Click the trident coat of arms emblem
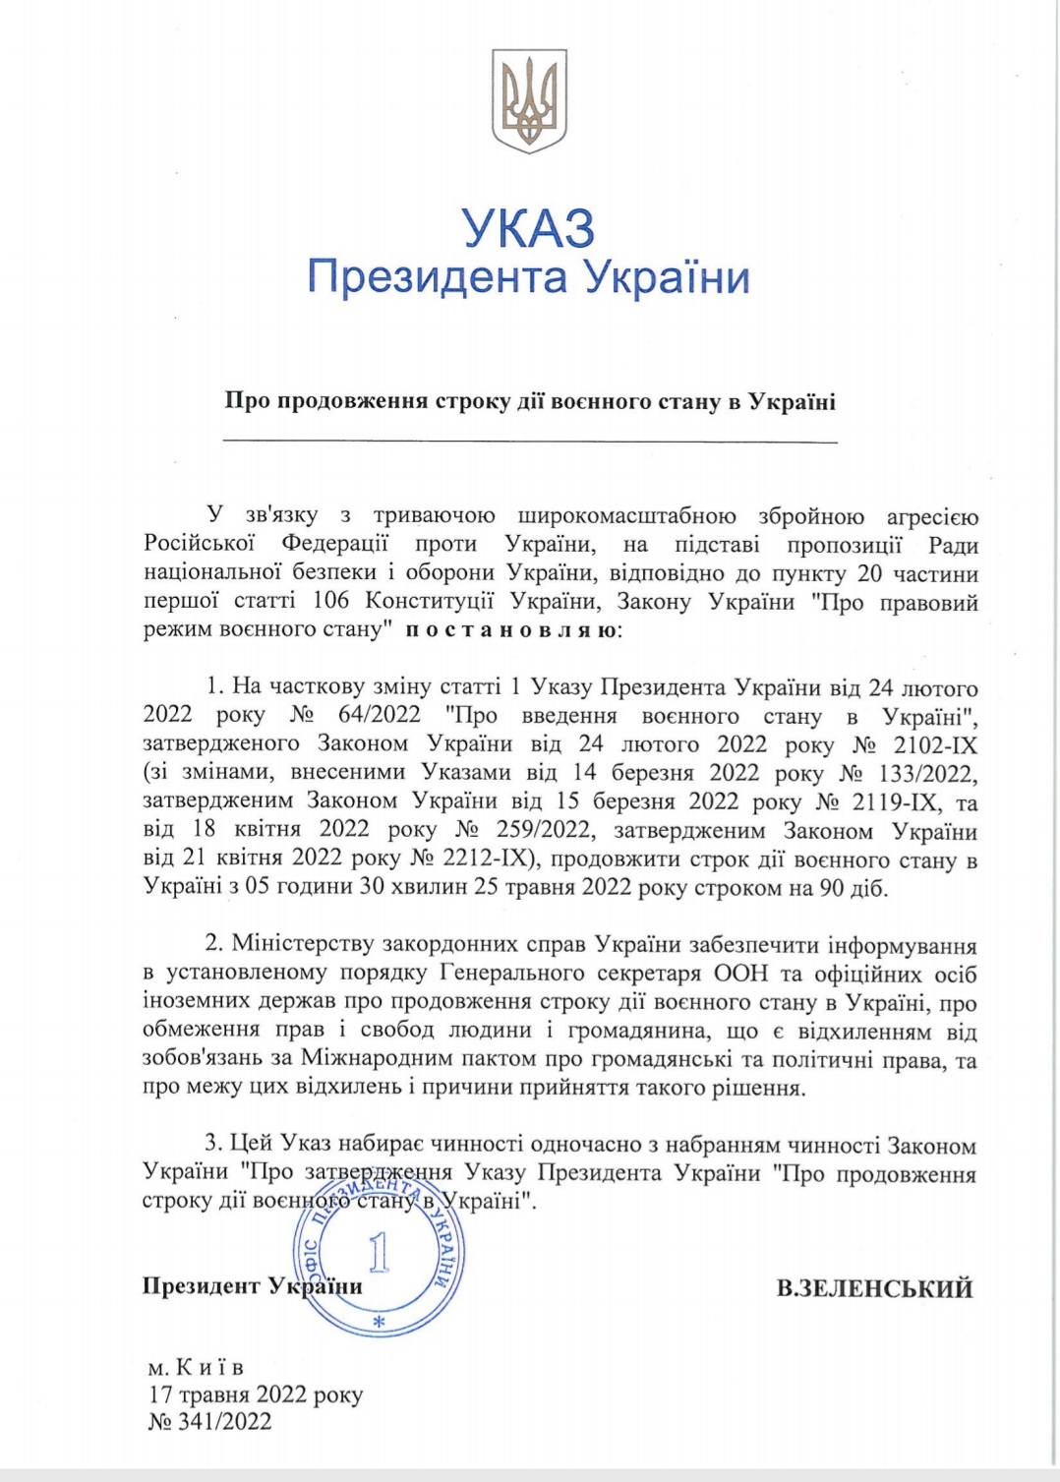coord(529,101)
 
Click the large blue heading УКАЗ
coord(529,228)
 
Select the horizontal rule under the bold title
coord(530,443)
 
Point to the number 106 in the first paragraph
coord(332,601)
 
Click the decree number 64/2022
coord(379,715)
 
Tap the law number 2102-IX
coord(935,744)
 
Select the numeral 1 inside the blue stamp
coord(379,1252)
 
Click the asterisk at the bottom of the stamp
coord(379,1323)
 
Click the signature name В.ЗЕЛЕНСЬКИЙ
coord(874,1288)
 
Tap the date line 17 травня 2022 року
coord(256,1394)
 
